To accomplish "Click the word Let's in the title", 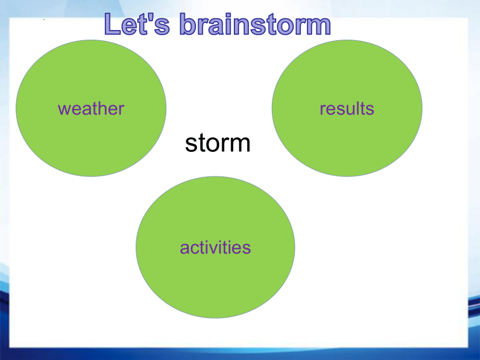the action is tap(137, 24).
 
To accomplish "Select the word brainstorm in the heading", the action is tap(255, 24).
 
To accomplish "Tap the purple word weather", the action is tap(91, 108).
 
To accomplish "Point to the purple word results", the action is tap(347, 108).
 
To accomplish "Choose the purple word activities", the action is tap(215, 247).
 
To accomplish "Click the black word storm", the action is tap(218, 143).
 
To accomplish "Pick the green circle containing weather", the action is tap(91, 108).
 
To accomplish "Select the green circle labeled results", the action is tap(347, 108).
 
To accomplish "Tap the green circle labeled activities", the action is tap(215, 247).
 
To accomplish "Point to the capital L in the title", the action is tap(112, 24).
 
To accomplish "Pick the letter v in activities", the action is tap(211, 249).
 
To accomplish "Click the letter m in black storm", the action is tap(239, 145).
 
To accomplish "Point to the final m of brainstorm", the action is tap(318, 27).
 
